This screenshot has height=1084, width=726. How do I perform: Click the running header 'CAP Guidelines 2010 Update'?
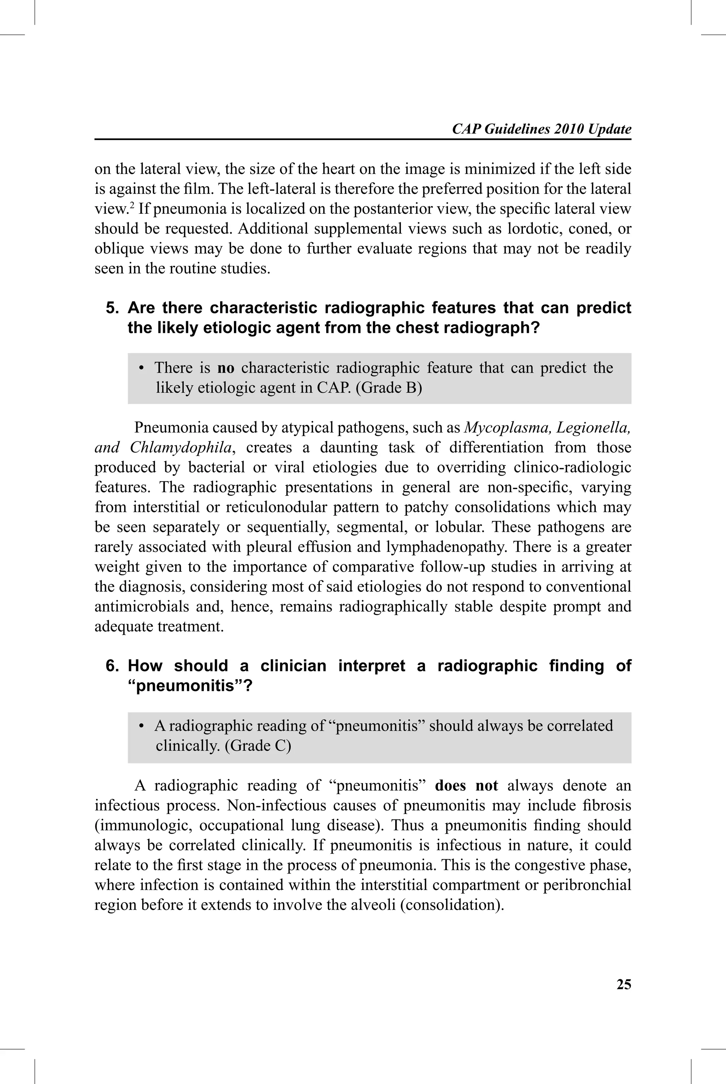point(541,129)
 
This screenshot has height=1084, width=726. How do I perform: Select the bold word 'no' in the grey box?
point(226,368)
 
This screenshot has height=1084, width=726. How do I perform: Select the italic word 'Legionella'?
point(593,427)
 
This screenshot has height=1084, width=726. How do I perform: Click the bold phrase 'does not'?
point(466,786)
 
